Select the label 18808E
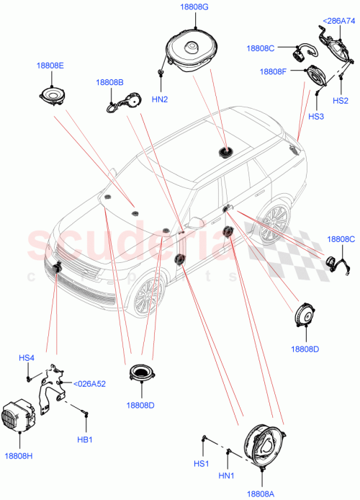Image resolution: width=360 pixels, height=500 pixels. coord(50,66)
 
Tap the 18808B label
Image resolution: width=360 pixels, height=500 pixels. coord(110,83)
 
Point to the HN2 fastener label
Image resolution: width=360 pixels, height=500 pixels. coord(161,99)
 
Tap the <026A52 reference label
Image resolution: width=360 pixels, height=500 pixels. coord(90,383)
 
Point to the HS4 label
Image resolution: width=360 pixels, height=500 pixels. coord(27,358)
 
